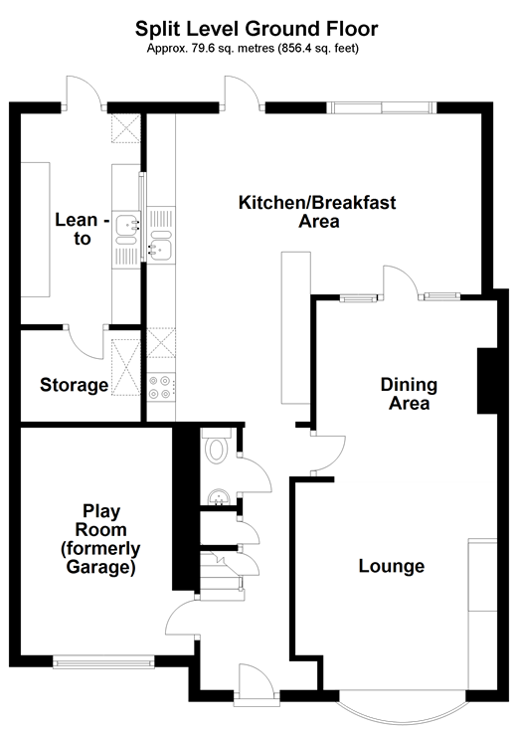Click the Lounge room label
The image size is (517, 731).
coord(392,566)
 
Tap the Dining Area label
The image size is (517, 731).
coord(409,394)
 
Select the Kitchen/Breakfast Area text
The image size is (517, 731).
coord(317,212)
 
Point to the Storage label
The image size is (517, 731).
coord(75,385)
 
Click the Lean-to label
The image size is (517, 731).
coord(82,229)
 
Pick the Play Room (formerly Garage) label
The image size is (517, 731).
coord(100,539)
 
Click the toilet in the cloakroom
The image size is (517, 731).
coord(216,447)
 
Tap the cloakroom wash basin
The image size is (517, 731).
coord(218,497)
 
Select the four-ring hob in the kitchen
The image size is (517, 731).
coord(161,388)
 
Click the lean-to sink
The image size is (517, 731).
coord(127,229)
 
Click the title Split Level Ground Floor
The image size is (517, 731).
coord(257,29)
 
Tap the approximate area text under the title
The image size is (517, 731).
coord(253,48)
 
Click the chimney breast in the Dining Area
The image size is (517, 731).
coord(487,380)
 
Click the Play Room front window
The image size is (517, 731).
coord(103,661)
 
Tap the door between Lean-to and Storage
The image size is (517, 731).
coord(86,342)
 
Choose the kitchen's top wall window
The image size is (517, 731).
coord(382,108)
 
